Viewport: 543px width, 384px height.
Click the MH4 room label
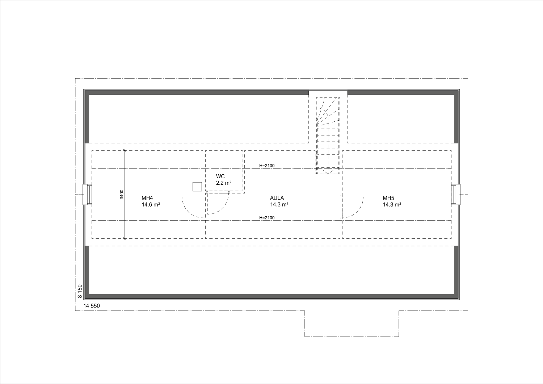pos(147,198)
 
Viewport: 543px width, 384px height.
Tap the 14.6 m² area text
pos(151,204)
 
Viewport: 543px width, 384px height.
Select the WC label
pos(220,176)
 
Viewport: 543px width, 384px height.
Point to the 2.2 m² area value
pos(223,183)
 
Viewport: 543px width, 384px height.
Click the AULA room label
pos(277,198)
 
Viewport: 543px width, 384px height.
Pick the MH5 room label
pos(388,198)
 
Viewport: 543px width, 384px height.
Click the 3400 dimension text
pos(122,194)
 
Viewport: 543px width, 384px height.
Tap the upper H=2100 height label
pos(267,166)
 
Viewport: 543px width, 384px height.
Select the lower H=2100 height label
pos(267,218)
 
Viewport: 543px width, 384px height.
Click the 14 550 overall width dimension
pos(92,306)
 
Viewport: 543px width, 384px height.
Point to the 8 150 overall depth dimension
pos(80,291)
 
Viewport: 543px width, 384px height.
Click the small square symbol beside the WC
pos(197,187)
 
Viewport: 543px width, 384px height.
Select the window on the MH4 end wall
pos(88,195)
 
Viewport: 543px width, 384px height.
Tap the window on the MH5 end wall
pos(456,195)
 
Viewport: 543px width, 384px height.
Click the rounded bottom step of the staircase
pos(328,171)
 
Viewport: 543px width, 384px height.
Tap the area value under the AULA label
pos(279,204)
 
